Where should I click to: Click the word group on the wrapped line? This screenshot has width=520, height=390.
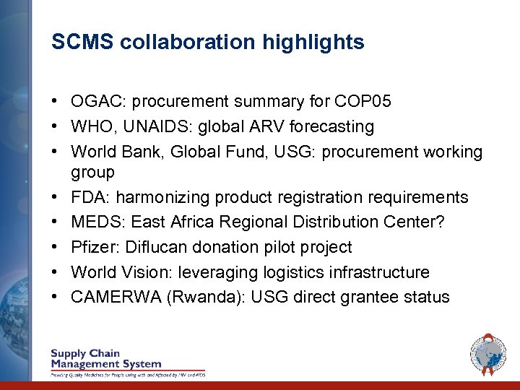(x=92, y=173)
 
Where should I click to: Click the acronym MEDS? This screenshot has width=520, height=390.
(x=93, y=222)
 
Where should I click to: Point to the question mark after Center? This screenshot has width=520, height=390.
(x=440, y=222)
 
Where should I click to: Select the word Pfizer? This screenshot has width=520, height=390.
(x=93, y=247)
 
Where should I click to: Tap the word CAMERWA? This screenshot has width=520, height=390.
(x=116, y=297)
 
